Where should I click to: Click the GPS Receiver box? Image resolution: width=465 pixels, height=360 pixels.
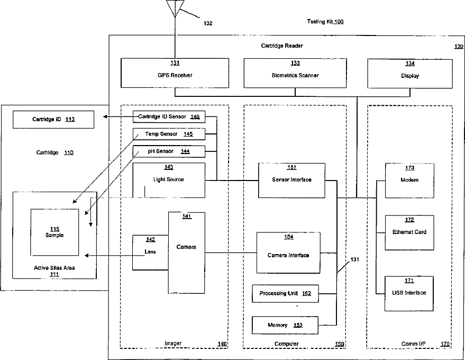coord(174,73)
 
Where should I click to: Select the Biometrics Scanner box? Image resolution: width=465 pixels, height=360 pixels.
coord(295,73)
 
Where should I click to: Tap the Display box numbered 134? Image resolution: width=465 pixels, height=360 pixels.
coord(410,73)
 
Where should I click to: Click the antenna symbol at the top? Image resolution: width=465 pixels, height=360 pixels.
coord(174,7)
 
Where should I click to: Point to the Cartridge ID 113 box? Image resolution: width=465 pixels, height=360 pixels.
coord(53,119)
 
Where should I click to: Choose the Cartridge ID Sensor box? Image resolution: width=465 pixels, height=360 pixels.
coord(168,116)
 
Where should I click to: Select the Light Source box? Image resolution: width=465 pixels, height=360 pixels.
coord(168,180)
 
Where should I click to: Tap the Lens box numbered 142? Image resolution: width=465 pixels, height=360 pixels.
coord(150,251)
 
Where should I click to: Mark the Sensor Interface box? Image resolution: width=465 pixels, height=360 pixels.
coord(291,180)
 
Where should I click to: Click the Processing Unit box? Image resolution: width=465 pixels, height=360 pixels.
coord(285,293)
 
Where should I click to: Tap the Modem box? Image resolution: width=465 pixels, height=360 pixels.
coord(409,180)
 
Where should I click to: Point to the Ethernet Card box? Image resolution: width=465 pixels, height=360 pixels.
coord(409,232)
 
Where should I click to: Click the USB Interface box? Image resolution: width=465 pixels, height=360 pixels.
coord(409,293)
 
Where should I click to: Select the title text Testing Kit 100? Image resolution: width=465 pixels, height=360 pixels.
coord(325,22)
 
